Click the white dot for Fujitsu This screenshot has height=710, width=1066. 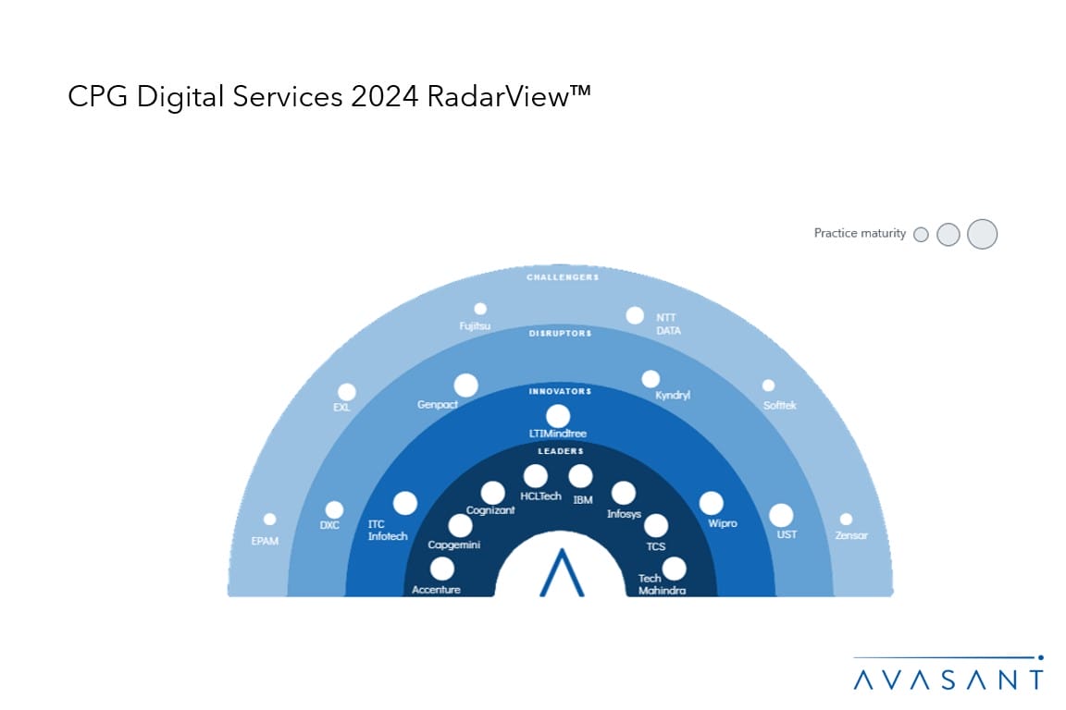click(479, 309)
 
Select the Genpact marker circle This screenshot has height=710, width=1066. click(465, 385)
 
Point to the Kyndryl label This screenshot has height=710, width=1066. click(673, 395)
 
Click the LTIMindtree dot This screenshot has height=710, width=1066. click(558, 416)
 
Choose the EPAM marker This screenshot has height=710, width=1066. click(269, 520)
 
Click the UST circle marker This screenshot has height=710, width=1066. click(781, 515)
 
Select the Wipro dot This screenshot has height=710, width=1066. click(711, 503)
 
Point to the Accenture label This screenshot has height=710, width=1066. click(436, 589)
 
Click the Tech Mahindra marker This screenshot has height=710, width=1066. click(674, 568)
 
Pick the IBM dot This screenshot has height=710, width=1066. click(580, 476)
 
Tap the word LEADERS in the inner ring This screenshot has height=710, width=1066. click(561, 451)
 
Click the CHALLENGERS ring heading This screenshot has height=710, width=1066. click(562, 277)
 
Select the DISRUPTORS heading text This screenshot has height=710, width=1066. click(561, 333)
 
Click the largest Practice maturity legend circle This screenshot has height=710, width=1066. click(982, 234)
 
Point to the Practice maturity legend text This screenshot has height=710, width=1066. click(860, 234)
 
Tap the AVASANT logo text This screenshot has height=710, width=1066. click(948, 680)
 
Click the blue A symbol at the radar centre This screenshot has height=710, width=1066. click(561, 572)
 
